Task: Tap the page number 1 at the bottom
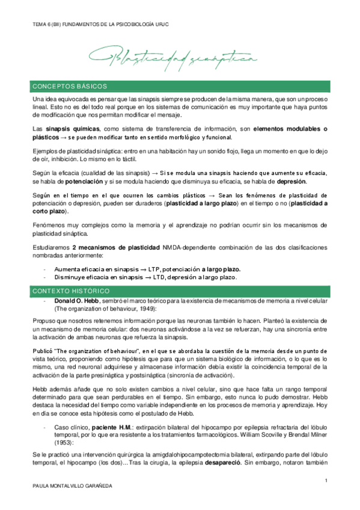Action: pyautogui.click(x=325, y=480)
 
